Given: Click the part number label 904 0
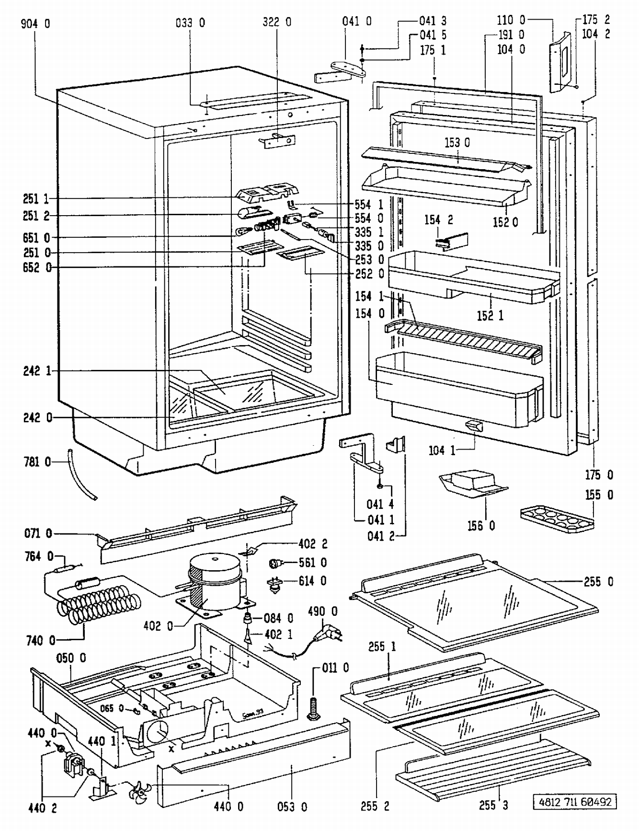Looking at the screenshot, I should pyautogui.click(x=35, y=23).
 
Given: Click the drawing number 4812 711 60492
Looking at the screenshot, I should pyautogui.click(x=575, y=802).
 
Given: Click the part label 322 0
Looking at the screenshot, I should pyautogui.click(x=277, y=22).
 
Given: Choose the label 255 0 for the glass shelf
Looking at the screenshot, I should pyautogui.click(x=599, y=582).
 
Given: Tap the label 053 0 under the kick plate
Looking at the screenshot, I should pyautogui.click(x=292, y=807).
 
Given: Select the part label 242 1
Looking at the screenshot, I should pyautogui.click(x=37, y=371).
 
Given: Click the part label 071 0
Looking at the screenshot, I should pyautogui.click(x=38, y=533).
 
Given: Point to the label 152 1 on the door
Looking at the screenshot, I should pyautogui.click(x=490, y=316).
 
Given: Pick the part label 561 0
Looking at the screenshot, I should pyautogui.click(x=312, y=563).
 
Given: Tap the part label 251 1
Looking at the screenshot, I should pyautogui.click(x=36, y=199).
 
